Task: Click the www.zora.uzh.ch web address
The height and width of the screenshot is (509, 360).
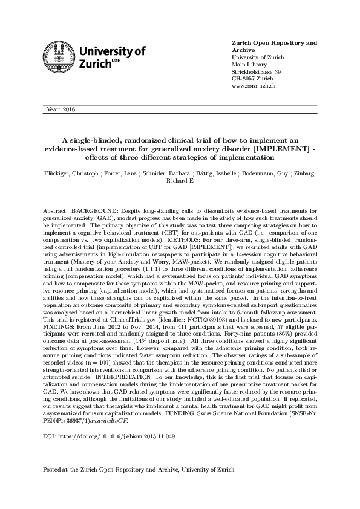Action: (x=254, y=87)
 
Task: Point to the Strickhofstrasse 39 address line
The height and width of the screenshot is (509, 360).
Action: (x=257, y=72)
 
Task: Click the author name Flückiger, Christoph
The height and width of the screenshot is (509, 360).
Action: (x=71, y=173)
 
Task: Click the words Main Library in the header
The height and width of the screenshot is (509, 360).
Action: (x=249, y=64)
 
